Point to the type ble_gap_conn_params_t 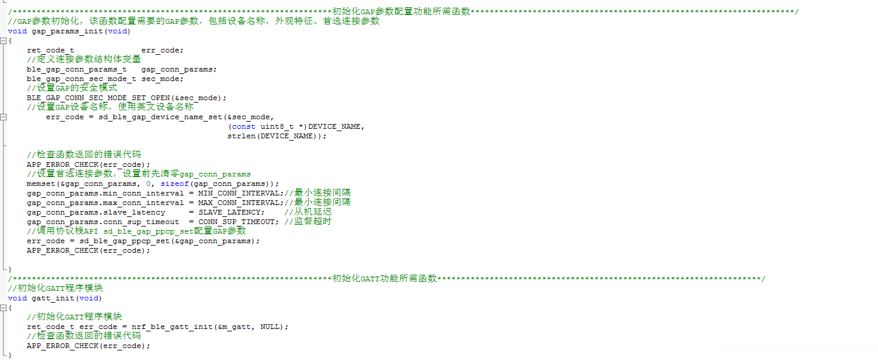(x=76, y=69)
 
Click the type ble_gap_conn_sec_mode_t (x=81, y=79)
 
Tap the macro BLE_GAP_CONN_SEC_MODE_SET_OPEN (x=98, y=98)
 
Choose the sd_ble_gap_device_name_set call (x=160, y=117)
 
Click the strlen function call (x=241, y=136)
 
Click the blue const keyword (x=243, y=126)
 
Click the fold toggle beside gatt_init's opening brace (x=4, y=308)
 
